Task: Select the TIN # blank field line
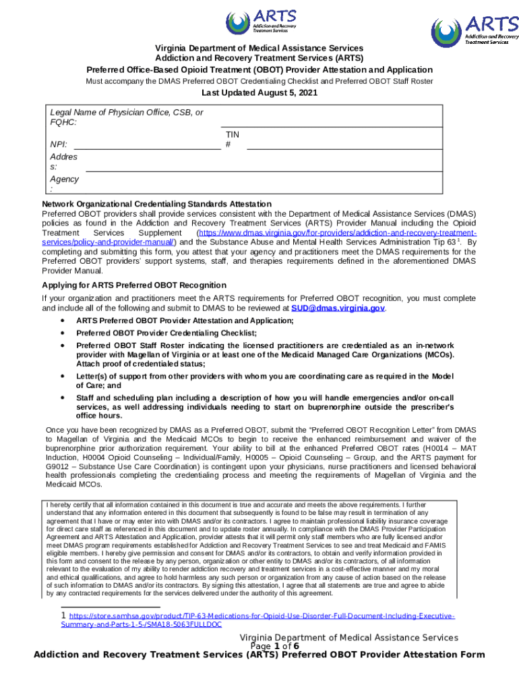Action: click(344, 145)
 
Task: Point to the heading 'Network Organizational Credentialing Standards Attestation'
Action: click(156, 204)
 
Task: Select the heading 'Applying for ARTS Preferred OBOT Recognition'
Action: click(134, 285)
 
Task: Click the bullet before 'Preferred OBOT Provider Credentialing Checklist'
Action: click(63, 333)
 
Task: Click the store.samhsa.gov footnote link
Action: click(258, 621)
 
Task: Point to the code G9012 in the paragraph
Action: click(56, 466)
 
